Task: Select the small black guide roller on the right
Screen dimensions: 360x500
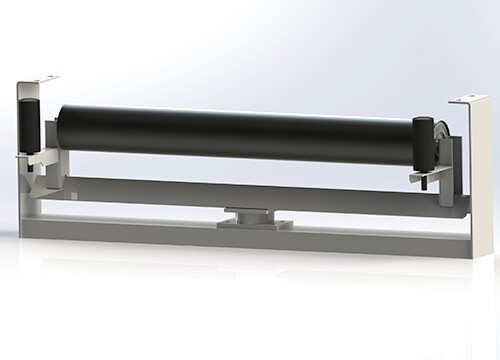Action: pos(423,146)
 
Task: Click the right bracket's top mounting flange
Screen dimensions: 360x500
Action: pos(468,102)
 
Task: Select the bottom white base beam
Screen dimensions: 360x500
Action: pos(240,236)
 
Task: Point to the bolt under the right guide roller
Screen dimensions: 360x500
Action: pos(424,183)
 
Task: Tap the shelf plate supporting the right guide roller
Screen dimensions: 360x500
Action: pos(428,174)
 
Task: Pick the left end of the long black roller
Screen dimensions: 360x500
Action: pos(62,125)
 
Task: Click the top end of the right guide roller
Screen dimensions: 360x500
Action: pos(422,123)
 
